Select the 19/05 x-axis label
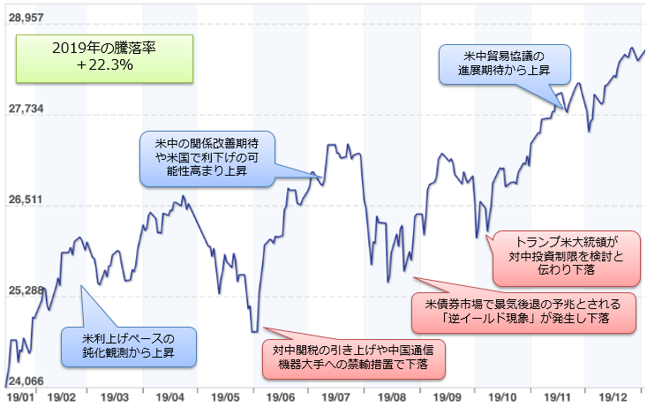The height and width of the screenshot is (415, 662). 227,399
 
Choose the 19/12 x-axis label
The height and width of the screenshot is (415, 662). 613,399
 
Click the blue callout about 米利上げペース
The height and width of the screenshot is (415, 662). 129,345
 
